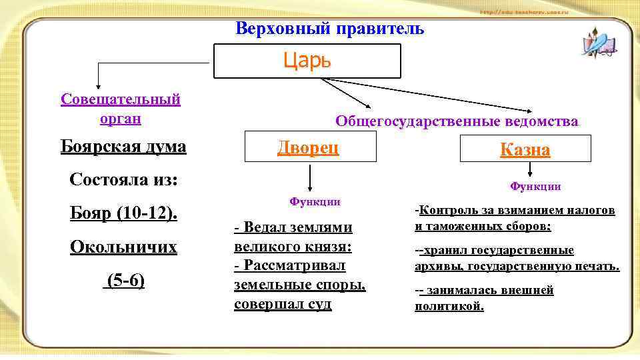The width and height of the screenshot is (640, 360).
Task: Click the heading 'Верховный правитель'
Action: point(329,29)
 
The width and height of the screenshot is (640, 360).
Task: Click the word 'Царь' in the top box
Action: point(307,61)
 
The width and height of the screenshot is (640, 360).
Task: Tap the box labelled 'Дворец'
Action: point(308,147)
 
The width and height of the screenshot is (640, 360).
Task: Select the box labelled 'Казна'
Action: point(525,149)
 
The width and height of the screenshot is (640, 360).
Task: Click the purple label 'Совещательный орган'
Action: point(121,109)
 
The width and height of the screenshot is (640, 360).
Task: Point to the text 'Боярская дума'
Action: point(123,146)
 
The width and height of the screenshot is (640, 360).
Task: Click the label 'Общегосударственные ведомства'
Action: point(457,121)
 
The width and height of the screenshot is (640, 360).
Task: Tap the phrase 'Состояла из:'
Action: point(123,180)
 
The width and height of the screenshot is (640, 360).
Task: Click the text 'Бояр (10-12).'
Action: point(124,214)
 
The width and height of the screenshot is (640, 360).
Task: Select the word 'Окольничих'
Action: point(123,247)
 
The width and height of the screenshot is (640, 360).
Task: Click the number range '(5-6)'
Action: point(124,281)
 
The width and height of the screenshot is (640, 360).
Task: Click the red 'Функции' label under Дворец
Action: point(315,201)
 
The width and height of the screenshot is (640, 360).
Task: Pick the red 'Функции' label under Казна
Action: point(535,186)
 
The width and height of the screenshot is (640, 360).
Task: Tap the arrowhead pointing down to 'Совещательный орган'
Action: point(99,85)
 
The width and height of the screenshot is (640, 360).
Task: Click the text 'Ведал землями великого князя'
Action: point(293,237)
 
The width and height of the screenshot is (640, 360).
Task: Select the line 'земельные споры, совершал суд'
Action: point(300,295)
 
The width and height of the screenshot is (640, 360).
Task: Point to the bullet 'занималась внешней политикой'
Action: point(484,298)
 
